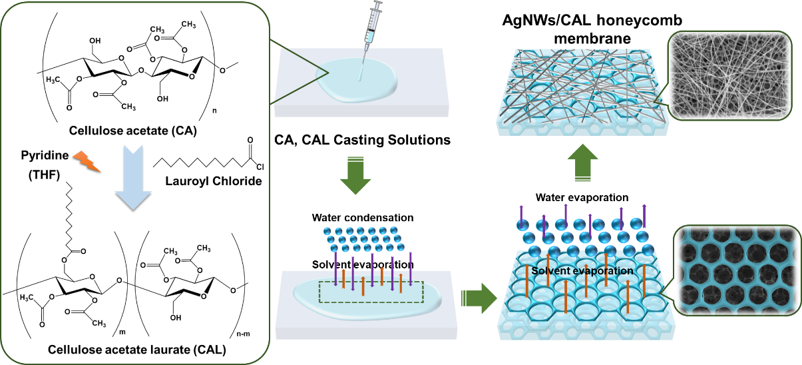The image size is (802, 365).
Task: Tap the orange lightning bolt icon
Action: [86, 161]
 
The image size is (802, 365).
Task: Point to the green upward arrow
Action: [583, 163]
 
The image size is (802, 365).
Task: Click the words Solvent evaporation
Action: [582, 271]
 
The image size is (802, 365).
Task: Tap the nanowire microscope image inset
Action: [729, 77]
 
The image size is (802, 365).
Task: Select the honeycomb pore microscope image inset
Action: [737, 270]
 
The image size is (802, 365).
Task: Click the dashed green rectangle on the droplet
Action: [371, 292]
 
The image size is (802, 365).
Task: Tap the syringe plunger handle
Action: [380, 7]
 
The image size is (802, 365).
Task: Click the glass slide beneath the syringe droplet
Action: [426, 100]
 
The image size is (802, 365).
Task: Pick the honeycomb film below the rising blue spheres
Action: [586, 300]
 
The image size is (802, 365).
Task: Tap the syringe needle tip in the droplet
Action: [360, 79]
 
